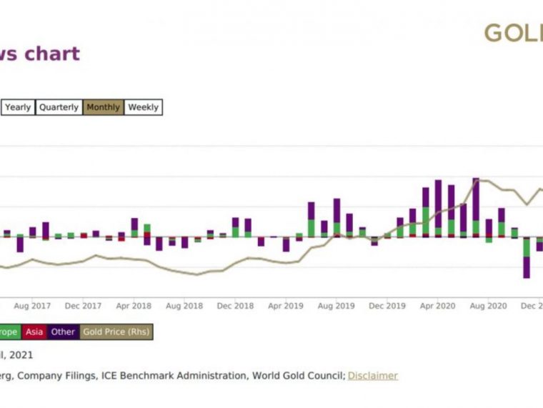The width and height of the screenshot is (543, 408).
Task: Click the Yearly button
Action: click(18, 107)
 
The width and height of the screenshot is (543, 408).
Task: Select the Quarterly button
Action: click(59, 107)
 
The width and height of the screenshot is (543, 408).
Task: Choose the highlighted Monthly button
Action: click(103, 107)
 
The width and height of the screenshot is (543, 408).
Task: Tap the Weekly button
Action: click(143, 107)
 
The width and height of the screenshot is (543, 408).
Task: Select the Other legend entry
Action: click(63, 332)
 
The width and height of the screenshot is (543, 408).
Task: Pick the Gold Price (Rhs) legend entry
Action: click(116, 332)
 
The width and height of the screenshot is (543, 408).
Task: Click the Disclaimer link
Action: click(372, 375)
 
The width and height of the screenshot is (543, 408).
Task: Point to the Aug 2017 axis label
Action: click(32, 306)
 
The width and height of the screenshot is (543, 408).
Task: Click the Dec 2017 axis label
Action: click(83, 306)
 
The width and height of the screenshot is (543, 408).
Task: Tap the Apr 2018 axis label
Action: click(134, 306)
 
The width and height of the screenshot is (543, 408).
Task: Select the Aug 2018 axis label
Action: click(184, 306)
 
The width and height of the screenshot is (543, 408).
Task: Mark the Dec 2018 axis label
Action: click(235, 306)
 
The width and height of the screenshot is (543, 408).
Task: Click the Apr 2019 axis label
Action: click(285, 306)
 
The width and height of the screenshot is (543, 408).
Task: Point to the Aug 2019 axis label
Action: click(336, 306)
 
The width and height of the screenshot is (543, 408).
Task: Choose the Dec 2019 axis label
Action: click(387, 306)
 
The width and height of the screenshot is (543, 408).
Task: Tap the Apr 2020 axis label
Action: click(437, 306)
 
